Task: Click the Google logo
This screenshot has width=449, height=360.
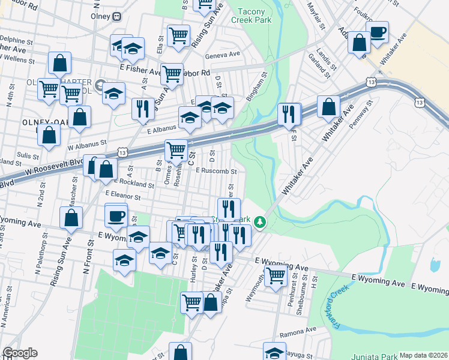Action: tap(20, 353)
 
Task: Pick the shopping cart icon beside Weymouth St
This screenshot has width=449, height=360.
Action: tap(275, 277)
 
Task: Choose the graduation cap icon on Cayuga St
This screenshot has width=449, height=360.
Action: tap(274, 352)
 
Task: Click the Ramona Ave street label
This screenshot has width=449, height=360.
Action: tap(301, 330)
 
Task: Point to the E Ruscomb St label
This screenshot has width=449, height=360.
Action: tap(217, 170)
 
